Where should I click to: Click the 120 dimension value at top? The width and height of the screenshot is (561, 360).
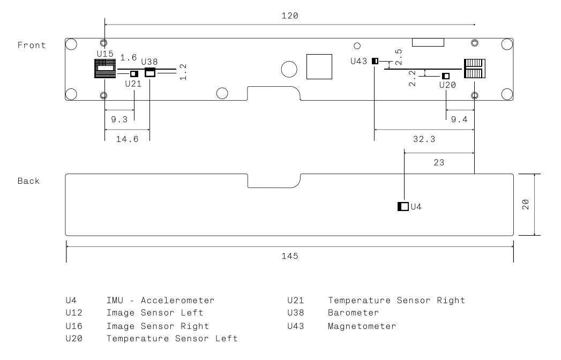(x=290, y=16)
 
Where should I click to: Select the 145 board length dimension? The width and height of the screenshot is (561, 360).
(x=290, y=256)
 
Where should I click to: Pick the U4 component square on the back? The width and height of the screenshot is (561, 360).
(x=403, y=206)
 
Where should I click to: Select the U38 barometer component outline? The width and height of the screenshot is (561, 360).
(x=150, y=73)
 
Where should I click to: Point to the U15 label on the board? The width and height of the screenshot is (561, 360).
(x=105, y=54)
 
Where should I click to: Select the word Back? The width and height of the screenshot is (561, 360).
(x=28, y=181)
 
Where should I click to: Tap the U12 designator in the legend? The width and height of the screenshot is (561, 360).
(x=72, y=312)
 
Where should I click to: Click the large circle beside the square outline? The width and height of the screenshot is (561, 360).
(x=289, y=69)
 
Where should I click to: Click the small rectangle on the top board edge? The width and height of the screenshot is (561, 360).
(x=428, y=42)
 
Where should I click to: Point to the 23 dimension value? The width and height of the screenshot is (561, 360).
(x=439, y=161)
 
